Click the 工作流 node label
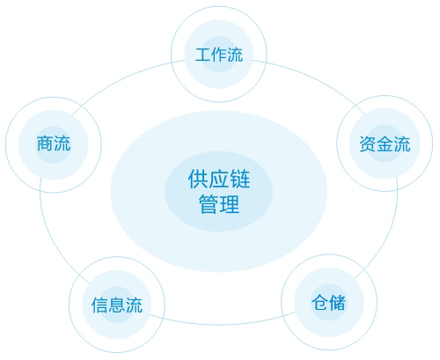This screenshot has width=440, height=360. tap(219, 55)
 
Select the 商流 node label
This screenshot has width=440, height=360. tap(54, 143)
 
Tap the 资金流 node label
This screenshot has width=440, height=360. tap(385, 144)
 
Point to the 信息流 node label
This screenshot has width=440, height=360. tap(117, 305)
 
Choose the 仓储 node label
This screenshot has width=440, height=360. tap(329, 303)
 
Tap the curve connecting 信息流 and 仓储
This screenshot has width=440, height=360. tap(223, 325)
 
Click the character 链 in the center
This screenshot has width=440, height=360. tap(239, 179)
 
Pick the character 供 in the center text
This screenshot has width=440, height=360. tap(198, 179)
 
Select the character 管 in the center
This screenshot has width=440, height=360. tap(209, 204)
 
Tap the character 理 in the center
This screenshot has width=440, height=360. tap(230, 204)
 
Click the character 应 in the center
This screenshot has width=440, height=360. tap(219, 179)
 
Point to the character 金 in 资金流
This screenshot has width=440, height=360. tap(385, 144)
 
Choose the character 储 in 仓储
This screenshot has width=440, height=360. tap(338, 303)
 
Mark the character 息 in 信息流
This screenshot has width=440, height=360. tap(117, 305)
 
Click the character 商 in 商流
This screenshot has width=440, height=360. tap(45, 143)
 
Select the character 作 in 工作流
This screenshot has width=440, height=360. tap(219, 55)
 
